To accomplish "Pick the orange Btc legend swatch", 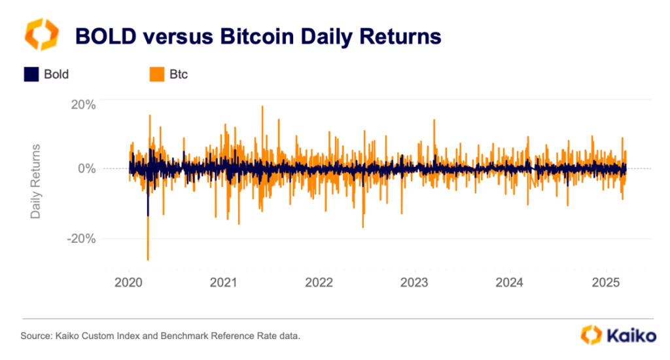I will click(157, 75).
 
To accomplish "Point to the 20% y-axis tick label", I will click(83, 104).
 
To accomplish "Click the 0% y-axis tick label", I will click(86, 168).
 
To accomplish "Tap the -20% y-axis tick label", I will click(81, 239).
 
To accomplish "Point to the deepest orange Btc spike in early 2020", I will click(148, 258).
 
